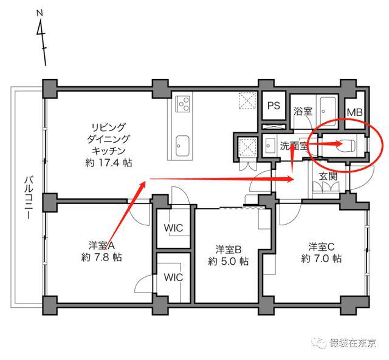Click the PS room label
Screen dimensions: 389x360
[x=274, y=106]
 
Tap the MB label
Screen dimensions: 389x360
[x=354, y=113]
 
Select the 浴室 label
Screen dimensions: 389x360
[x=303, y=111]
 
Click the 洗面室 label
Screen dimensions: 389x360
[x=294, y=146]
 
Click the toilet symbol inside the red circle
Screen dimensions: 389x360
[x=347, y=146]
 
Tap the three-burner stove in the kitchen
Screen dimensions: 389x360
[x=182, y=104]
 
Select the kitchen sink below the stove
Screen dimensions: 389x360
[x=182, y=146]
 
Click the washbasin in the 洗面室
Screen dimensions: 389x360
[x=269, y=146]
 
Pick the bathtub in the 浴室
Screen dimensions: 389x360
[x=328, y=112]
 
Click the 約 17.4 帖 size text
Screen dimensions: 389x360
[x=108, y=163]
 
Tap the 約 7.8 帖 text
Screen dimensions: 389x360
[x=102, y=257]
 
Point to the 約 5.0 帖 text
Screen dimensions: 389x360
[x=228, y=261]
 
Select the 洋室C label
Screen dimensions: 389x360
[x=322, y=246]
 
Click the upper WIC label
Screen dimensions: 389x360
[x=173, y=228]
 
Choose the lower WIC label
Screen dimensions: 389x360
[x=173, y=277]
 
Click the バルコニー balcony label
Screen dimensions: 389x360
[x=29, y=197]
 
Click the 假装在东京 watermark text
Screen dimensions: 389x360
[x=353, y=342]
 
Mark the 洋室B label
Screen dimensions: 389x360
[x=229, y=250]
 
